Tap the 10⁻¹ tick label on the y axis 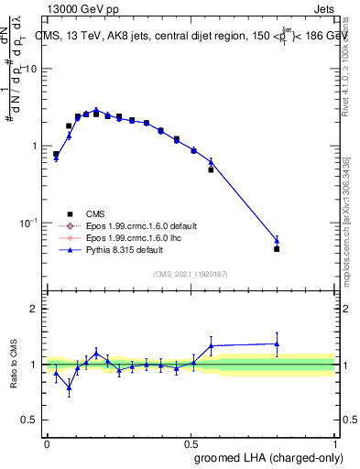click(x=28, y=224)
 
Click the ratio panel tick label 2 click(x=34, y=309)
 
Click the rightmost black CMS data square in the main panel click(x=277, y=248)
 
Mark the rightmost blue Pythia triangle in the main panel click(x=277, y=241)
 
